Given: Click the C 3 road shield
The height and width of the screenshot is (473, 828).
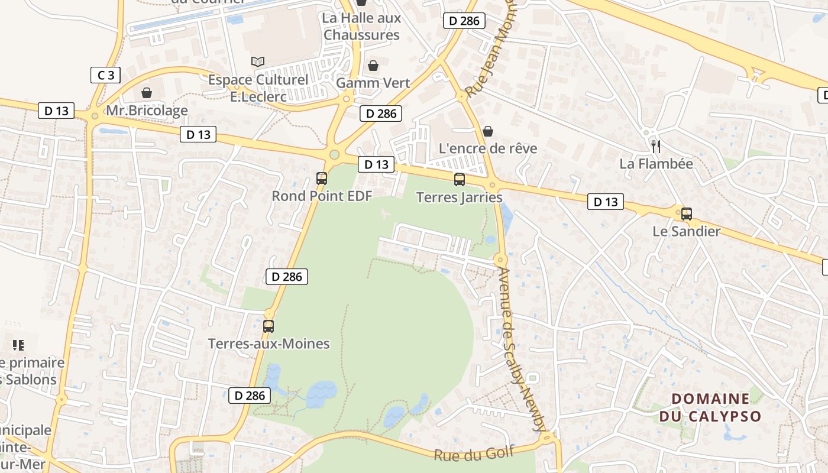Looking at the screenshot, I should tap(106, 75).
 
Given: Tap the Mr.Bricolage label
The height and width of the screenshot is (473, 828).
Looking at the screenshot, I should tap(147, 111).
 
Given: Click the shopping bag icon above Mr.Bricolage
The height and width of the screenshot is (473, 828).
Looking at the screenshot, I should tap(146, 93).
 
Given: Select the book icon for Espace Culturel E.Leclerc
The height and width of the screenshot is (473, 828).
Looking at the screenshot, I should tap(257, 61).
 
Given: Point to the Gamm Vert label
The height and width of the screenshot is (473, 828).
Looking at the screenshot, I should tap(373, 83).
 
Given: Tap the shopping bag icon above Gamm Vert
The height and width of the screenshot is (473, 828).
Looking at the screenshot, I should tap(373, 65).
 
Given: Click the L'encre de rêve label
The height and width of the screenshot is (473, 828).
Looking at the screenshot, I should tap(488, 148).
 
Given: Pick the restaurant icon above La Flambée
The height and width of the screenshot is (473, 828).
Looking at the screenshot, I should tap(655, 146).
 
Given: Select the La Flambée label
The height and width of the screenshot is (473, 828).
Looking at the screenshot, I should tap(656, 163).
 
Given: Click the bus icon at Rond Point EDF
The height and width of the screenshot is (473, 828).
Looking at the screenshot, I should tap(322, 178).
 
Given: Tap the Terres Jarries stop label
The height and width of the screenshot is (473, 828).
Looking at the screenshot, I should tap(460, 197).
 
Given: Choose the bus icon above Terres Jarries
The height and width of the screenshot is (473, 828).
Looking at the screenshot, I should tap(460, 180).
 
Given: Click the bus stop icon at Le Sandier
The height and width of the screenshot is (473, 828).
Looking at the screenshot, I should tap(686, 214).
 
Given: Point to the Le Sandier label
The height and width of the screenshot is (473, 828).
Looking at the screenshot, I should tap(686, 231).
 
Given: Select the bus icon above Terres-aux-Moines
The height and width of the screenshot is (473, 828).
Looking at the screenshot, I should tap(269, 326).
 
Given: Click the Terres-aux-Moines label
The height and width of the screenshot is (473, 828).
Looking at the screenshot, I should tap(269, 344).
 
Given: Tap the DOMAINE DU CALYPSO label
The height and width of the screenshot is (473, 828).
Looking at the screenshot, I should tap(710, 407).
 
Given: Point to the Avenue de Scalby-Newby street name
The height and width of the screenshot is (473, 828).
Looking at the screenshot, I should tap(521, 349).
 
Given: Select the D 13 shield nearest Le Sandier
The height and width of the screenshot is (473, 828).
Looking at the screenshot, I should tap(606, 202).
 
